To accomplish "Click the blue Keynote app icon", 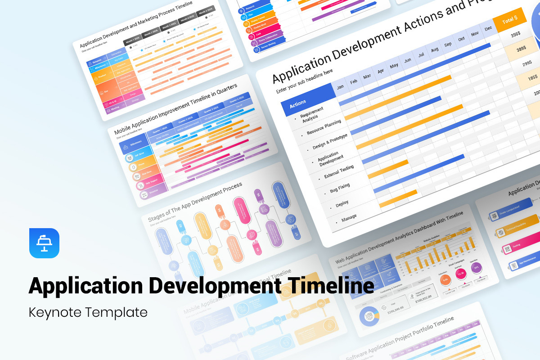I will pos(44,243).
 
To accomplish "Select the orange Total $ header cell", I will pos(510,21).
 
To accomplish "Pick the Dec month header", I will pos(488,29).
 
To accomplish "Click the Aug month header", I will pos(434,50).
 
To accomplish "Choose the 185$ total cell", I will pos(533,78).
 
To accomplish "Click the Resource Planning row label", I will pos(324,127).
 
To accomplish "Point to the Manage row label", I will pos(349,218).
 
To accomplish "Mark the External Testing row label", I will pos(339,171).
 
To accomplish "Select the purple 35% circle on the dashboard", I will pos(476,267).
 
